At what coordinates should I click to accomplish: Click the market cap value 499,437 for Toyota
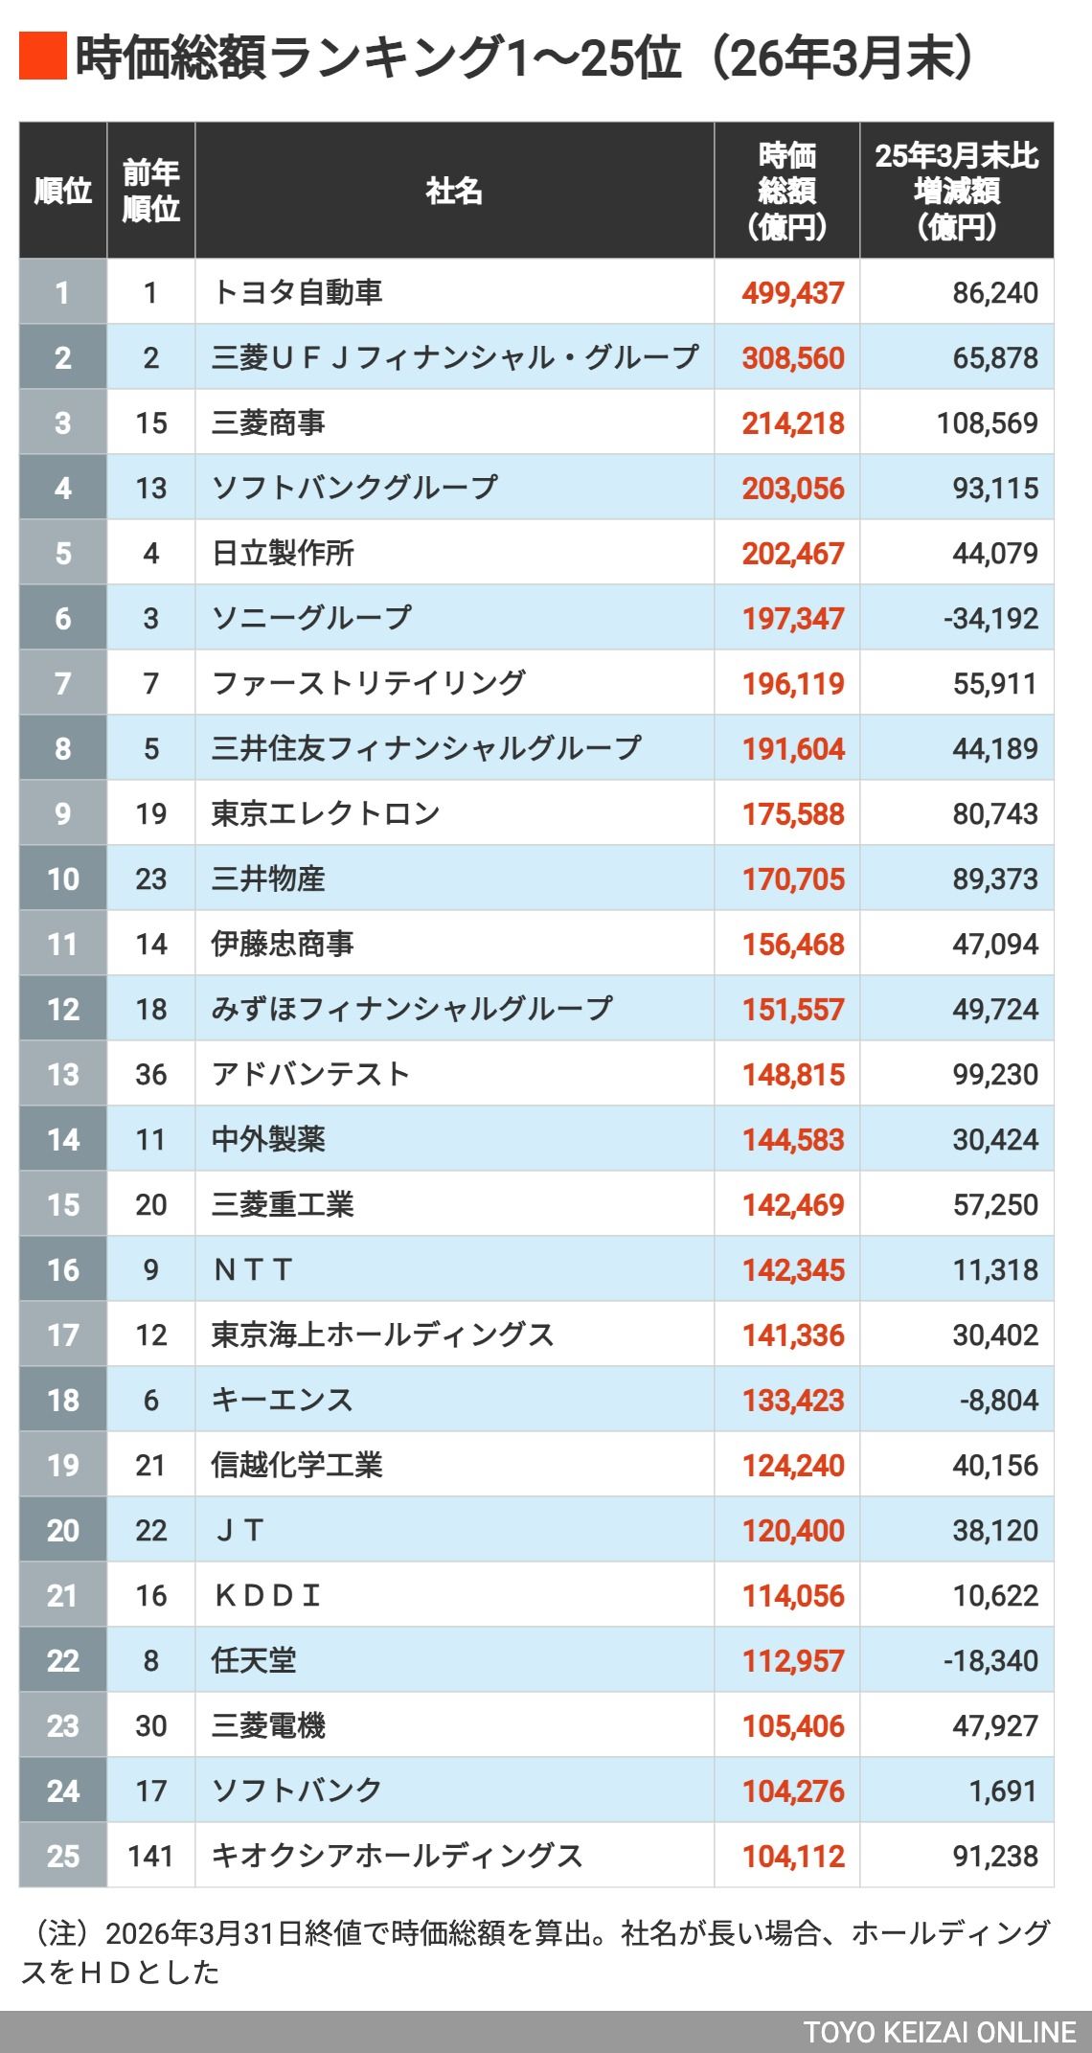793,292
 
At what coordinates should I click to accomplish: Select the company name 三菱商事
268,422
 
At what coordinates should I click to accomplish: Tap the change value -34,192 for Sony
990,618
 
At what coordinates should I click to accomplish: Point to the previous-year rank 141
150,1856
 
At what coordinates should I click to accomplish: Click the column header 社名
454,191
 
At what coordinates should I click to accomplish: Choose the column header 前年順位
150,191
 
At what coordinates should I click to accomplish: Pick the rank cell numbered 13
63,1074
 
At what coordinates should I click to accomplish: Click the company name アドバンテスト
310,1074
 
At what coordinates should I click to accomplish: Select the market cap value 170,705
793,878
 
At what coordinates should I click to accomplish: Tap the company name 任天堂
254,1660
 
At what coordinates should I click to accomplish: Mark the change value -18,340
990,1660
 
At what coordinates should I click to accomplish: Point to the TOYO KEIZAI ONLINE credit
939,2033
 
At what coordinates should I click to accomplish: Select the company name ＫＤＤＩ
266,1595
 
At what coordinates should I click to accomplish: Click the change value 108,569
987,422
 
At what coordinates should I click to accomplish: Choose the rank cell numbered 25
63,1856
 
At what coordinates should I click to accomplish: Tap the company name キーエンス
282,1400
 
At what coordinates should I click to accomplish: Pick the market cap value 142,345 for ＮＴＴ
793,1269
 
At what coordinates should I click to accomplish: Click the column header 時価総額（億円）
786,191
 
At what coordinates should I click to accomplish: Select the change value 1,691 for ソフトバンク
1003,1791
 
